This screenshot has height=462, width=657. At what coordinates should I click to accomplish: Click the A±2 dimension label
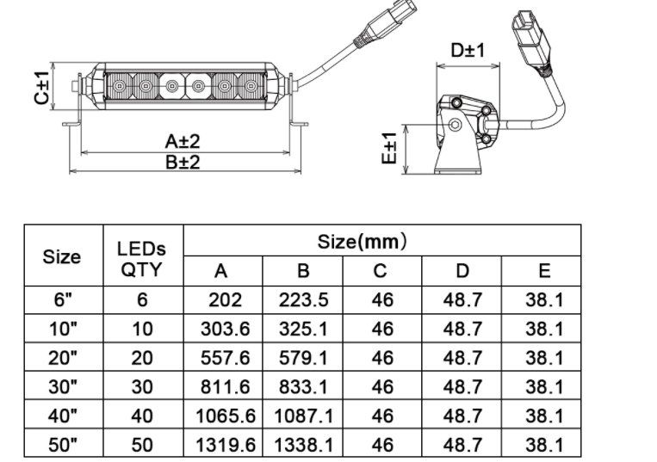183,141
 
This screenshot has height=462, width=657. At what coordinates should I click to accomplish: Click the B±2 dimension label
183,162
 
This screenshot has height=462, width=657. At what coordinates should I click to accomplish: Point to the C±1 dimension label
41,88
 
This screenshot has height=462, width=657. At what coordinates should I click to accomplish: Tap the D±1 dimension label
468,50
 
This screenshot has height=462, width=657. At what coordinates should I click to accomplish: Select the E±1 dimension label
389,148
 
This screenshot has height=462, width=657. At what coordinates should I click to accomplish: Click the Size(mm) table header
362,242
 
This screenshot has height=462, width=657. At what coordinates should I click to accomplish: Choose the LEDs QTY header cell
141,260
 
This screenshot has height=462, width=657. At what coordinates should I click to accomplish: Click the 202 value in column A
225,300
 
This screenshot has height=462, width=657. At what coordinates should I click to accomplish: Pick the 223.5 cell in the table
303,300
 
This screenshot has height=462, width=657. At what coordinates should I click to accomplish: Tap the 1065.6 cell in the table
226,416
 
